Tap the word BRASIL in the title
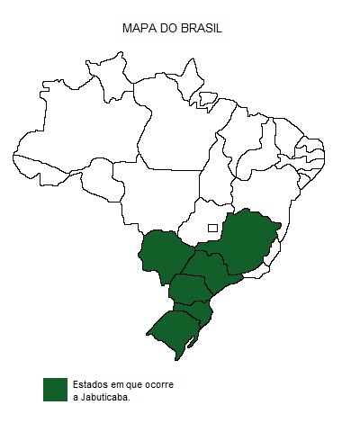click(202, 29)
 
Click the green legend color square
click(56, 390)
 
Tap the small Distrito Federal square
click(212, 228)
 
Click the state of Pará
click(180, 135)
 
